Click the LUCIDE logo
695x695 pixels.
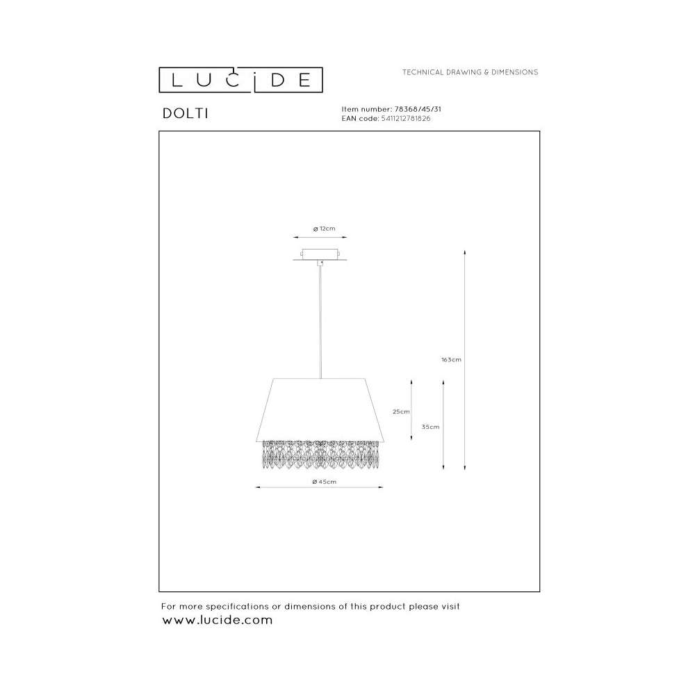(x=240, y=80)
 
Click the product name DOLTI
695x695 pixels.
(x=186, y=113)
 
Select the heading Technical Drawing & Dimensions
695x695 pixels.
(x=470, y=72)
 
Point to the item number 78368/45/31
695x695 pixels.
(x=418, y=109)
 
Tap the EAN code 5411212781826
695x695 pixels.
(x=406, y=118)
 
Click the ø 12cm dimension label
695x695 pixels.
(x=324, y=229)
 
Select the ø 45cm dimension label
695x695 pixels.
(x=324, y=482)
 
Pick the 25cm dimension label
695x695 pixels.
(x=401, y=411)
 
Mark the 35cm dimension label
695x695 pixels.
(x=430, y=427)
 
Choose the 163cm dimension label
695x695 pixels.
(x=451, y=359)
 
